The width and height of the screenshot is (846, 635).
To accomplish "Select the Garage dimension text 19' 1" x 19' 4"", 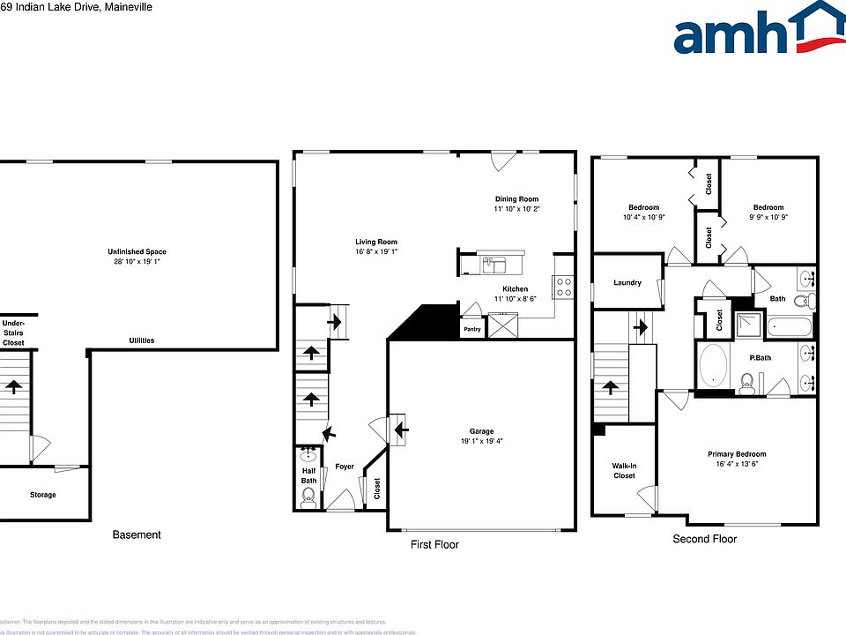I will [x=480, y=441].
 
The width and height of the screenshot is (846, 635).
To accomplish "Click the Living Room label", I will [x=376, y=242].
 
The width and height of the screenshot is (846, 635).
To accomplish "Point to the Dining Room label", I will [x=516, y=199].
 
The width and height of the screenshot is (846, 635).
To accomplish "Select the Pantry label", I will [x=471, y=330].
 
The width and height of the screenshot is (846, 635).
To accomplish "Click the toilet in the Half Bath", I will [x=308, y=497].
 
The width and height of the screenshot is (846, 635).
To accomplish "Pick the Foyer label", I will [x=344, y=467].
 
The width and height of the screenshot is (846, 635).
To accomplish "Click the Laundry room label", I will [x=627, y=283].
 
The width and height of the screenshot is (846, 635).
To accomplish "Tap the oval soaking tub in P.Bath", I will [x=714, y=365].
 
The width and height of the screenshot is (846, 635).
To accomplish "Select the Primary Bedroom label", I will [x=737, y=454].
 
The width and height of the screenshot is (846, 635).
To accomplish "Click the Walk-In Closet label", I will [x=624, y=470].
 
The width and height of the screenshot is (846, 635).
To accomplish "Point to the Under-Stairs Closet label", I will [x=13, y=332].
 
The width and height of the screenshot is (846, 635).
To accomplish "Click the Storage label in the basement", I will [x=42, y=495].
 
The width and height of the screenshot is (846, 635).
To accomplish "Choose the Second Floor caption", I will [x=704, y=539].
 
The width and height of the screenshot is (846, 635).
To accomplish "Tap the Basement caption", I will [x=137, y=534].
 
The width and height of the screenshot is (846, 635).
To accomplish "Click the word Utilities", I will [x=142, y=340].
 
